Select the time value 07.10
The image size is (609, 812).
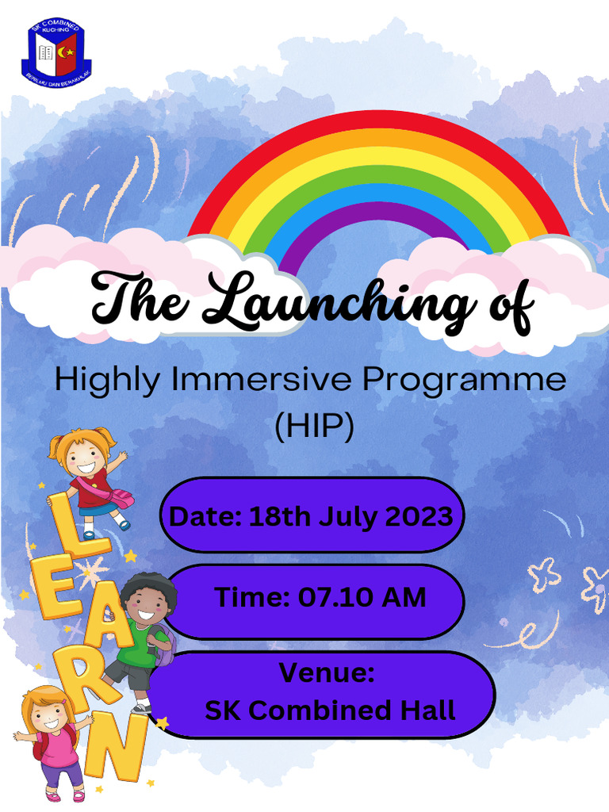click(x=331, y=597)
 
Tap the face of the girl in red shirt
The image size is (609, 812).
click(x=84, y=455)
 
